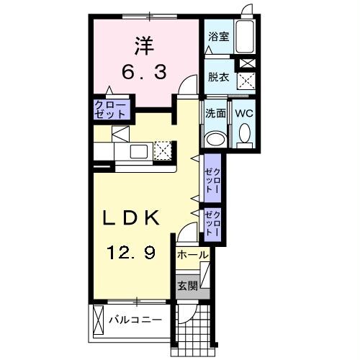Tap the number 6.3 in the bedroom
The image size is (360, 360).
coord(142,72)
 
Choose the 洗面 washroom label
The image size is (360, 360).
coord(215,114)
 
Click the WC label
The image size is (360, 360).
coord(243,114)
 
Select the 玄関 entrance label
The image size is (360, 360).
coord(185,284)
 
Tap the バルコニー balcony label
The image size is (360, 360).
coord(135,318)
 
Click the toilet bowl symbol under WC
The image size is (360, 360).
coord(243,134)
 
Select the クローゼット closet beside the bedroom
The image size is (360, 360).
coord(110,109)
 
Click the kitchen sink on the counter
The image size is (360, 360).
coord(137,152)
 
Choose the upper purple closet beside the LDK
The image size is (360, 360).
coord(212,179)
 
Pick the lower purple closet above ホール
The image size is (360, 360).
coord(212,223)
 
